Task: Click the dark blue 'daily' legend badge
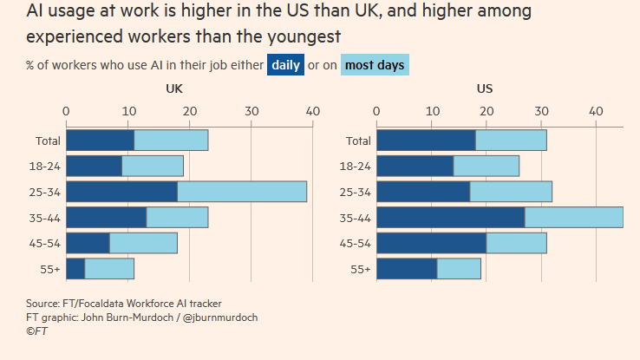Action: point(286,65)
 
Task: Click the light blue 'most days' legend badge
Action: point(375,65)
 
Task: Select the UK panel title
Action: point(174,88)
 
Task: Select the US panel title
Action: point(486,88)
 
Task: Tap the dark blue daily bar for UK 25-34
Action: point(121,192)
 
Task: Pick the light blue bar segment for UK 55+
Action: point(109,269)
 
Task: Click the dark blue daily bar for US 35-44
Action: point(450,218)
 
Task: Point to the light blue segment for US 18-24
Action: point(487,166)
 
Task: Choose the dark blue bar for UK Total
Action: point(100,141)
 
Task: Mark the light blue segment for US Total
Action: point(511,141)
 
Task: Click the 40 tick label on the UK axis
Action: point(313,111)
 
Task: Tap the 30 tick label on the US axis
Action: point(541,111)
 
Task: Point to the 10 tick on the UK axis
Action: point(127,111)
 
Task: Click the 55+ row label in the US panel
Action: point(360,270)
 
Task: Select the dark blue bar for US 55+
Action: point(406,269)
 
